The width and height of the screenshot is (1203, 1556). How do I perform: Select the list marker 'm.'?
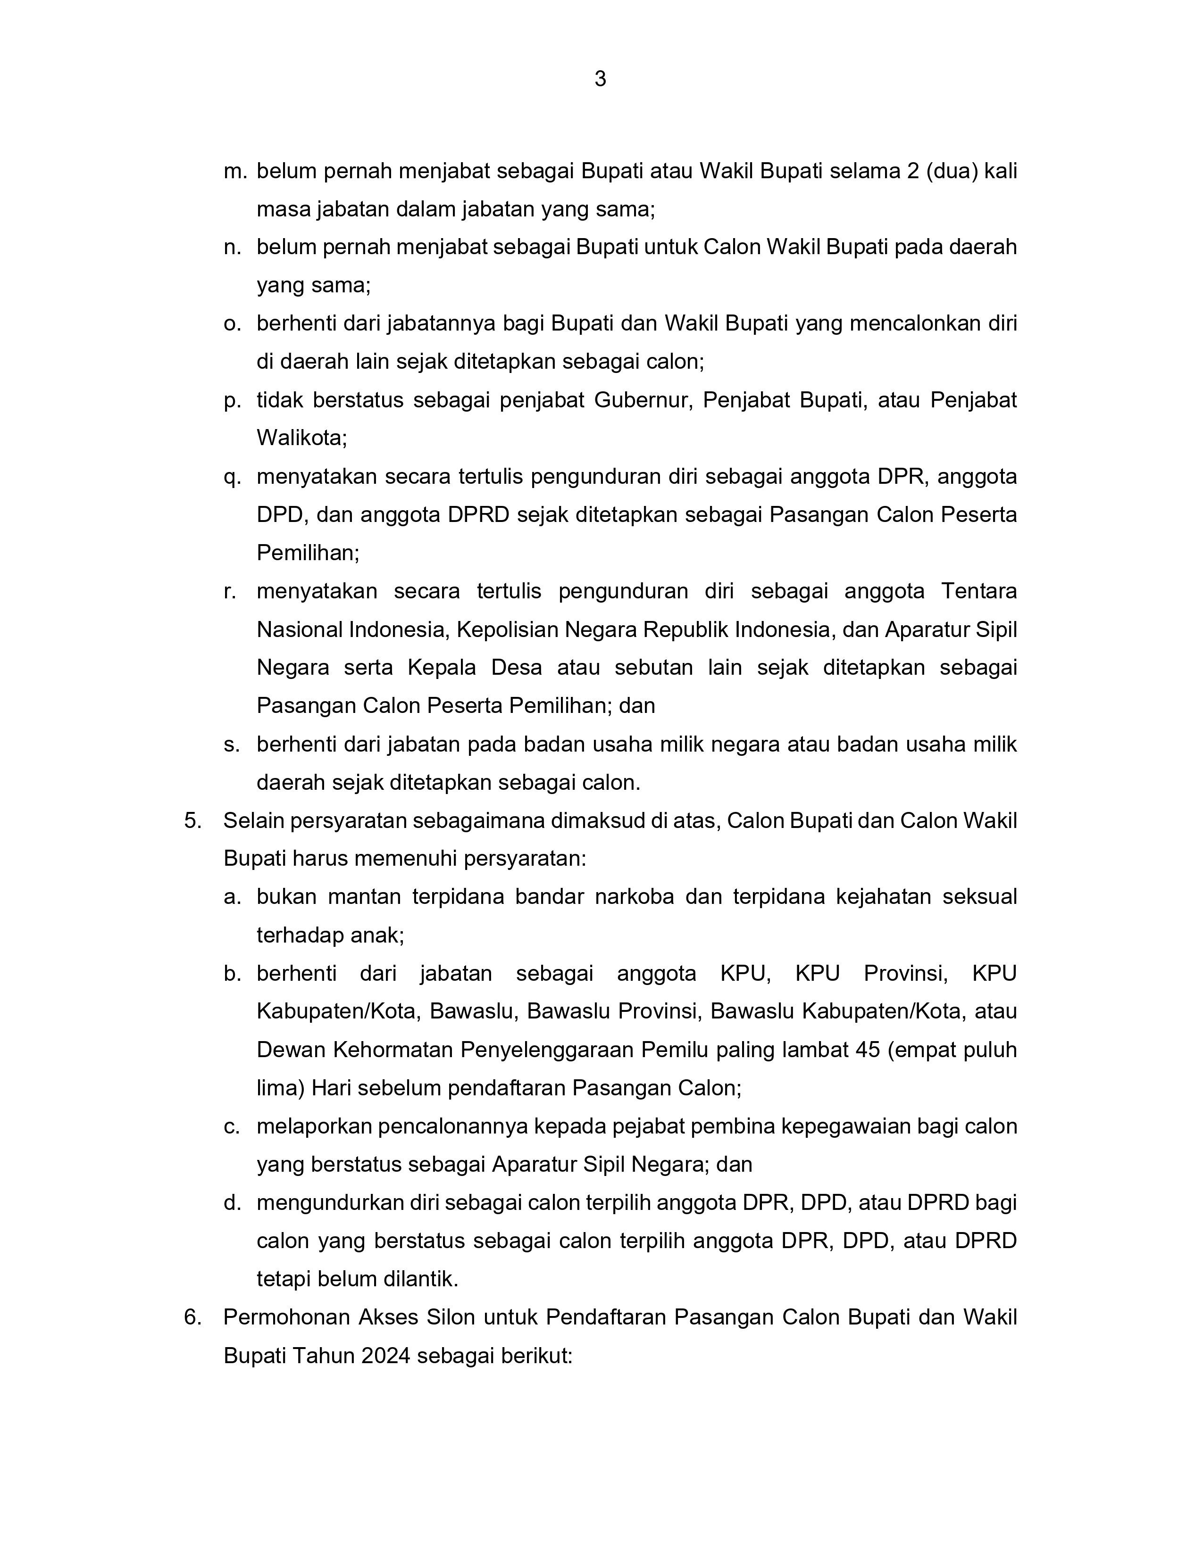pyautogui.click(x=234, y=172)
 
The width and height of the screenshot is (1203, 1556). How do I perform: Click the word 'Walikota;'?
pyautogui.click(x=301, y=438)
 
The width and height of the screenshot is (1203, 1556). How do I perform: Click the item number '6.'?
pyautogui.click(x=193, y=1317)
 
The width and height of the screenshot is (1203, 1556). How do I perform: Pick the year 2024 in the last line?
pyautogui.click(x=385, y=1356)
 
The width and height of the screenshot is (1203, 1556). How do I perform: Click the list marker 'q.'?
pyautogui.click(x=232, y=477)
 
